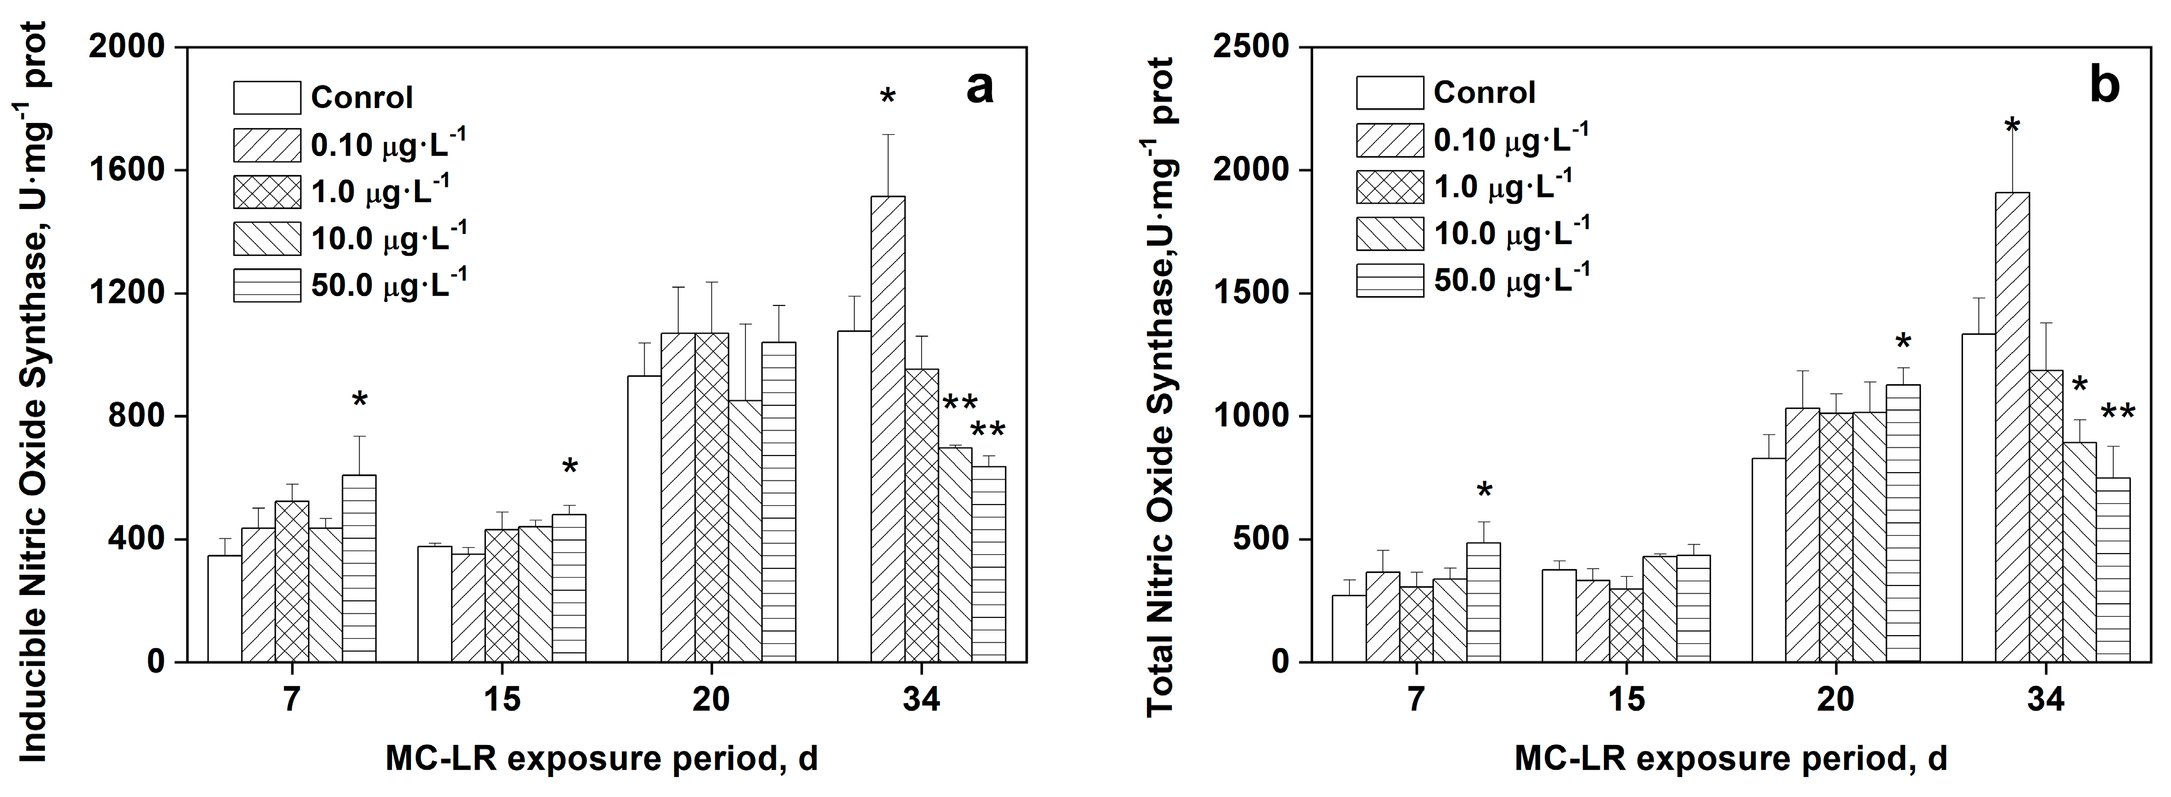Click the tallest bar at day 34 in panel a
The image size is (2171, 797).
click(x=887, y=430)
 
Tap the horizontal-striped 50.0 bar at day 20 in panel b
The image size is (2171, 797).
click(x=1902, y=522)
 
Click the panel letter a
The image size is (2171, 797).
click(x=979, y=87)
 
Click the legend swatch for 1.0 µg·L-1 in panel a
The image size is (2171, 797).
click(x=266, y=192)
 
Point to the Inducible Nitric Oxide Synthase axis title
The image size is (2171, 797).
click(x=34, y=392)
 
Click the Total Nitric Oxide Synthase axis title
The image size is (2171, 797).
click(x=1161, y=388)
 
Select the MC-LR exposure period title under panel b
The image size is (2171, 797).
click(x=1730, y=758)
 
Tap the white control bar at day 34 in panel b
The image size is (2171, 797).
click(x=1978, y=497)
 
